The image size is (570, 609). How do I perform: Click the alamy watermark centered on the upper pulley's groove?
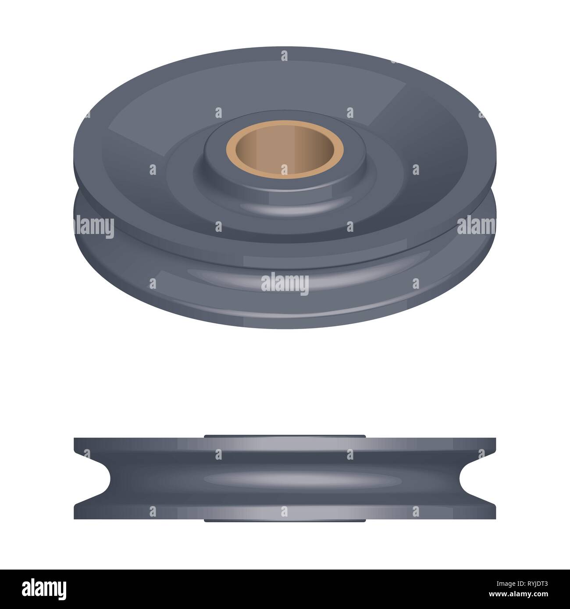tap(285, 283)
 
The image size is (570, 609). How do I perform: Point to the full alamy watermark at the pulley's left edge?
tap(93, 225)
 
